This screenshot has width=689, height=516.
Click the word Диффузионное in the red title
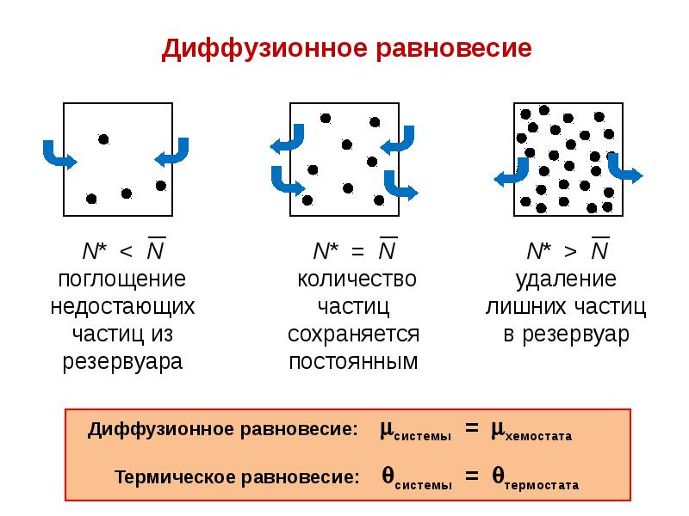264,49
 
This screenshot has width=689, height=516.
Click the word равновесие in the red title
454,49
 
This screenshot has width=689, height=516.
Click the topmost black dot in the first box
103,139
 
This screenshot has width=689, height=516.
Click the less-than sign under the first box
126,251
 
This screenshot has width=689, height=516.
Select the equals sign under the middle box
357,252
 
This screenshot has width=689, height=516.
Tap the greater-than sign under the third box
570,251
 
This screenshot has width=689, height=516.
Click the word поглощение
122,279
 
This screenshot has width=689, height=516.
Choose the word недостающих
122,307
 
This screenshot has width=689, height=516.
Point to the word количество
357,279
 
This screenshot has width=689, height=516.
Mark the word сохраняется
354,335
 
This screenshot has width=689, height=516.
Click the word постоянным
353,362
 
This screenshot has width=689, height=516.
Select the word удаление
566,279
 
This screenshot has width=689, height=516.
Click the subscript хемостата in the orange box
539,436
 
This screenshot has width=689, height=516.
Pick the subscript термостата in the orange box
542,485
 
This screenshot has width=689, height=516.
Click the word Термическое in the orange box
176,477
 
